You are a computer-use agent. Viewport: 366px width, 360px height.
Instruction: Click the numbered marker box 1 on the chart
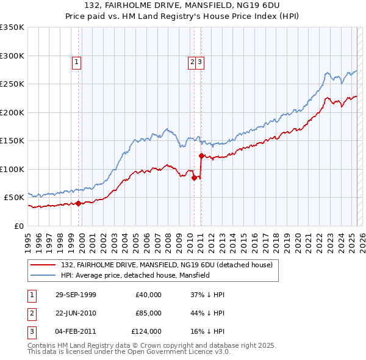click(76, 61)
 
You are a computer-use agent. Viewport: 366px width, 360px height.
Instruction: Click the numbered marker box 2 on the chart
click(192, 61)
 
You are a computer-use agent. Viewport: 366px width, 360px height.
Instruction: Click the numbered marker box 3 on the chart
click(200, 61)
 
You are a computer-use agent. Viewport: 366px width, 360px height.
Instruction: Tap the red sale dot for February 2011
click(201, 156)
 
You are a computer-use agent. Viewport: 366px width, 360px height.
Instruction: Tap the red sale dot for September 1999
click(79, 203)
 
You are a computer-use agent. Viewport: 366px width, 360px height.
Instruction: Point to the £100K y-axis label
click(12, 169)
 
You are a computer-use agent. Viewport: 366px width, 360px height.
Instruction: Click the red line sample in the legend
click(43, 265)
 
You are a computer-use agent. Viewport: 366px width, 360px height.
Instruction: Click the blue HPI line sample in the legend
click(43, 275)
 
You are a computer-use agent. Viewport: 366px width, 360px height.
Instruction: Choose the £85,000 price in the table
click(148, 313)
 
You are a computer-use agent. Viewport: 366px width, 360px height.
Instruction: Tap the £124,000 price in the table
click(147, 331)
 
